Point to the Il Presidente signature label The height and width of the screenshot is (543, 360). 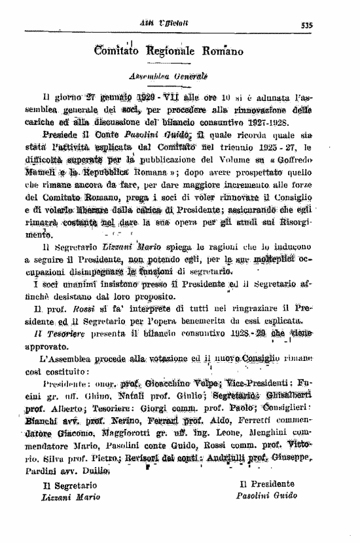(x=266, y=483)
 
